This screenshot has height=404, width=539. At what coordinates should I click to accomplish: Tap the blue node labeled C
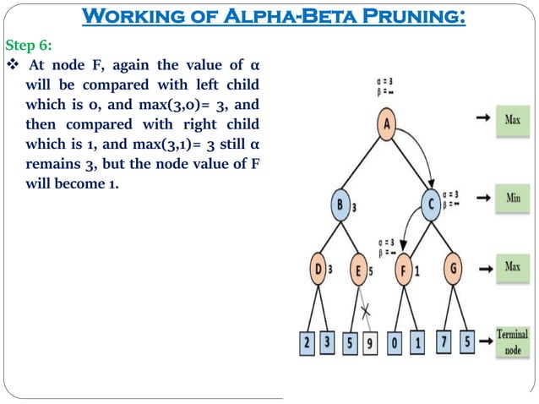pos(432,205)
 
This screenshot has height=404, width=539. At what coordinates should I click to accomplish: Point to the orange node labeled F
pos(406,270)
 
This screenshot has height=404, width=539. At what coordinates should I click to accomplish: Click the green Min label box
pos(512,199)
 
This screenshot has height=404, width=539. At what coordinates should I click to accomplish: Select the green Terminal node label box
pos(512,341)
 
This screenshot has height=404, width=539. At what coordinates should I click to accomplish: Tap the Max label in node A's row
pos(512,120)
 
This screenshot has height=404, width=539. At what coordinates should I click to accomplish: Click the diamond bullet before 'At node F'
pos(12,65)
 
